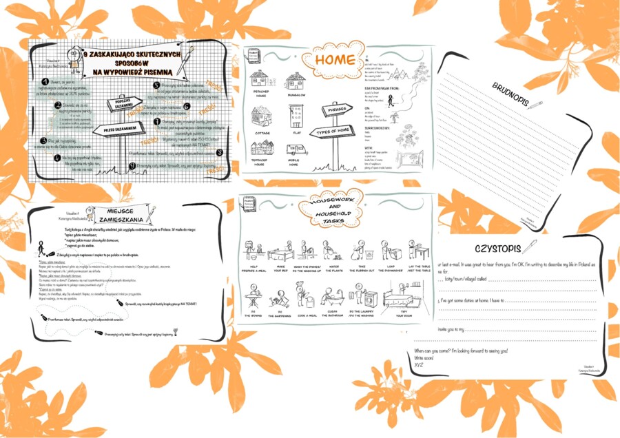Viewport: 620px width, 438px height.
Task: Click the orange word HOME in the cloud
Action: (335, 61)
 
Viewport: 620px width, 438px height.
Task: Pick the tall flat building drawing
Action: (297, 116)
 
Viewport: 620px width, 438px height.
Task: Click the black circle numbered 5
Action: (156, 85)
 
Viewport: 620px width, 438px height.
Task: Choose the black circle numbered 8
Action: (219, 153)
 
